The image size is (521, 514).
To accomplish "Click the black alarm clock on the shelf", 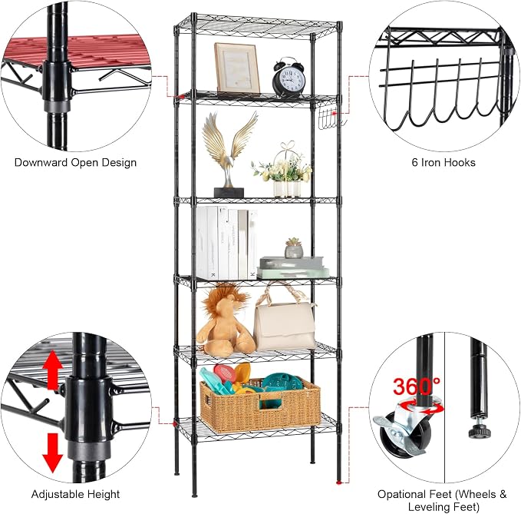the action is pyautogui.click(x=289, y=78).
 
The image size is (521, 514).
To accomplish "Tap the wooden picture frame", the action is pyautogui.click(x=237, y=68).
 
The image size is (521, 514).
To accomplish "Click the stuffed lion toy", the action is pyautogui.click(x=226, y=320).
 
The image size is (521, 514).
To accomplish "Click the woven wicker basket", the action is pyautogui.click(x=260, y=405).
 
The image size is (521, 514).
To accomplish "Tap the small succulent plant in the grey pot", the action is pyautogui.click(x=294, y=248).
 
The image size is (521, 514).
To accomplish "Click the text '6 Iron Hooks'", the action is pyautogui.click(x=444, y=162).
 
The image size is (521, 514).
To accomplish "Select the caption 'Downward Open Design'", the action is pyautogui.click(x=75, y=162).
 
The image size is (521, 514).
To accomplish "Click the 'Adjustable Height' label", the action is pyautogui.click(x=75, y=494).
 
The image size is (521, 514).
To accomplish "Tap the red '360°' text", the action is pyautogui.click(x=417, y=386).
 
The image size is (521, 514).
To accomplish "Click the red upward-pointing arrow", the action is pyautogui.click(x=53, y=370).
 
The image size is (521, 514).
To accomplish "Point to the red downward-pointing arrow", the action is pyautogui.click(x=52, y=453).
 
